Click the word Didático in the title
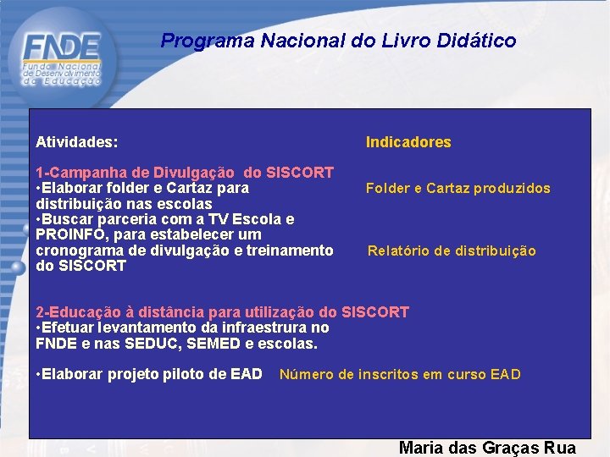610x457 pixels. click(477, 41)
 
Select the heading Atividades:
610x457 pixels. click(77, 142)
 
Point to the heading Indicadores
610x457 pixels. click(408, 142)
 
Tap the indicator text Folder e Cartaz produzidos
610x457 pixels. click(457, 189)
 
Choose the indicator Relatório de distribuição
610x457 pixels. click(452, 251)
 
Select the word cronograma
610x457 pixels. click(79, 251)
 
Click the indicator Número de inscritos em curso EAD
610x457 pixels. click(400, 374)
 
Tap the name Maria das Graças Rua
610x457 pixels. click(487, 448)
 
